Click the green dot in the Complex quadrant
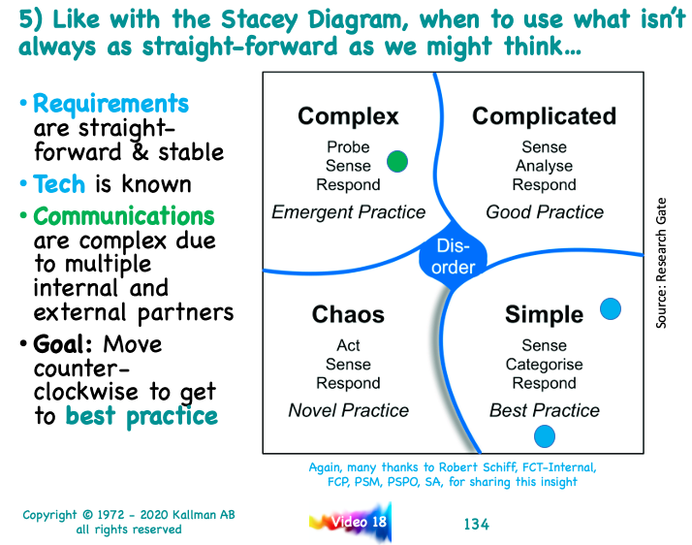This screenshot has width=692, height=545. (397, 161)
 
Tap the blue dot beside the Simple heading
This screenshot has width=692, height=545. (611, 308)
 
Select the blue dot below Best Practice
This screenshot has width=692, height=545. (544, 436)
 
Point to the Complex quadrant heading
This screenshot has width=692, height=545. (348, 116)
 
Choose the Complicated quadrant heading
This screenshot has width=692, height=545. (544, 116)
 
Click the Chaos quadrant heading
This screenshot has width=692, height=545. (348, 314)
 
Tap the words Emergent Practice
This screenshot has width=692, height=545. (348, 212)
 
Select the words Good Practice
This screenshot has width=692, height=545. (545, 212)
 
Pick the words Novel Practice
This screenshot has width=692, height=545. (348, 410)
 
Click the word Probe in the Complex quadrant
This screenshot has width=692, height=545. (348, 146)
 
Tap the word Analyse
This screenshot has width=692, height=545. (544, 166)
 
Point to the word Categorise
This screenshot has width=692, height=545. (544, 365)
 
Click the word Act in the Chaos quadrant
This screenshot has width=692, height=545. (348, 345)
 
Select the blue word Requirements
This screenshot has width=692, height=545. (110, 104)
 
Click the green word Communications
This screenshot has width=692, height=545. (124, 216)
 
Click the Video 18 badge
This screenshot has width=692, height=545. (351, 522)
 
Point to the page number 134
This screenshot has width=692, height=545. (476, 525)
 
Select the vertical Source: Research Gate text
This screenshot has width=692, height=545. (661, 263)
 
